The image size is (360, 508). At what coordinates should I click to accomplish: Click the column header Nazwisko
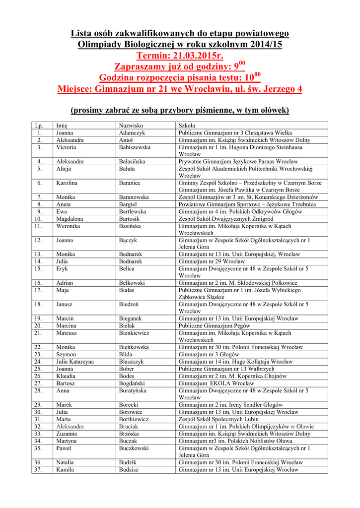coord(131,126)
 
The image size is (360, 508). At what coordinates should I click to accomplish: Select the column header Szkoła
coord(187,126)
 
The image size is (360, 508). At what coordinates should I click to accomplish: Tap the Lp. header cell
coord(39,126)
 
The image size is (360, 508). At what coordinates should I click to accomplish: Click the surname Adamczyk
coord(132,133)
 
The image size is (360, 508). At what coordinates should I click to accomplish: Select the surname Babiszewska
coord(135,147)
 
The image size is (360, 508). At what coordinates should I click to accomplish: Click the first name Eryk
coord(62,268)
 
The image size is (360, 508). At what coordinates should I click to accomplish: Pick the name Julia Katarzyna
coord(75,362)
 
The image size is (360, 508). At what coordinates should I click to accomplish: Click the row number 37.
coord(38,469)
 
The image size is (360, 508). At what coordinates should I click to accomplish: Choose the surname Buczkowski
coord(134,448)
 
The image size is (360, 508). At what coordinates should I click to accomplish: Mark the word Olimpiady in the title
coord(101,45)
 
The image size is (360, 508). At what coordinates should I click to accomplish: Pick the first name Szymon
coord(66,355)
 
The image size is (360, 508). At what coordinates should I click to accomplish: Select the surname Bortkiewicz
coord(134,419)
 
